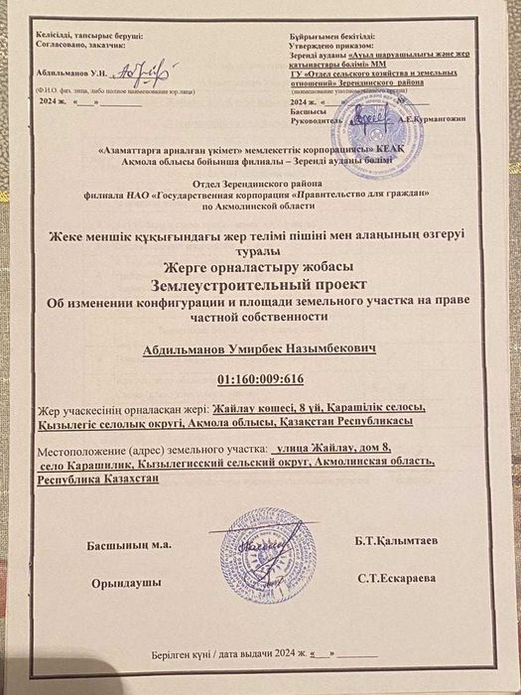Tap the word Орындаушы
click(127, 585)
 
